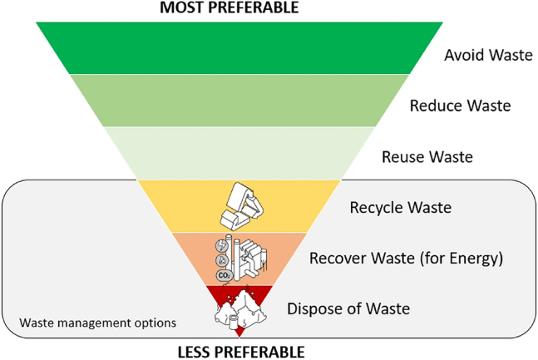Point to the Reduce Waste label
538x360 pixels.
[460, 106]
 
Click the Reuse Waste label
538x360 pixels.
[427, 156]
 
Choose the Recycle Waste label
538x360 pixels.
[402, 208]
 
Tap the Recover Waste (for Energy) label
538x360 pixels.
[407, 259]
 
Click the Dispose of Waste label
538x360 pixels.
[348, 309]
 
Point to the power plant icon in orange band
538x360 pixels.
[239, 258]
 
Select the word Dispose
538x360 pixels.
[312, 309]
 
